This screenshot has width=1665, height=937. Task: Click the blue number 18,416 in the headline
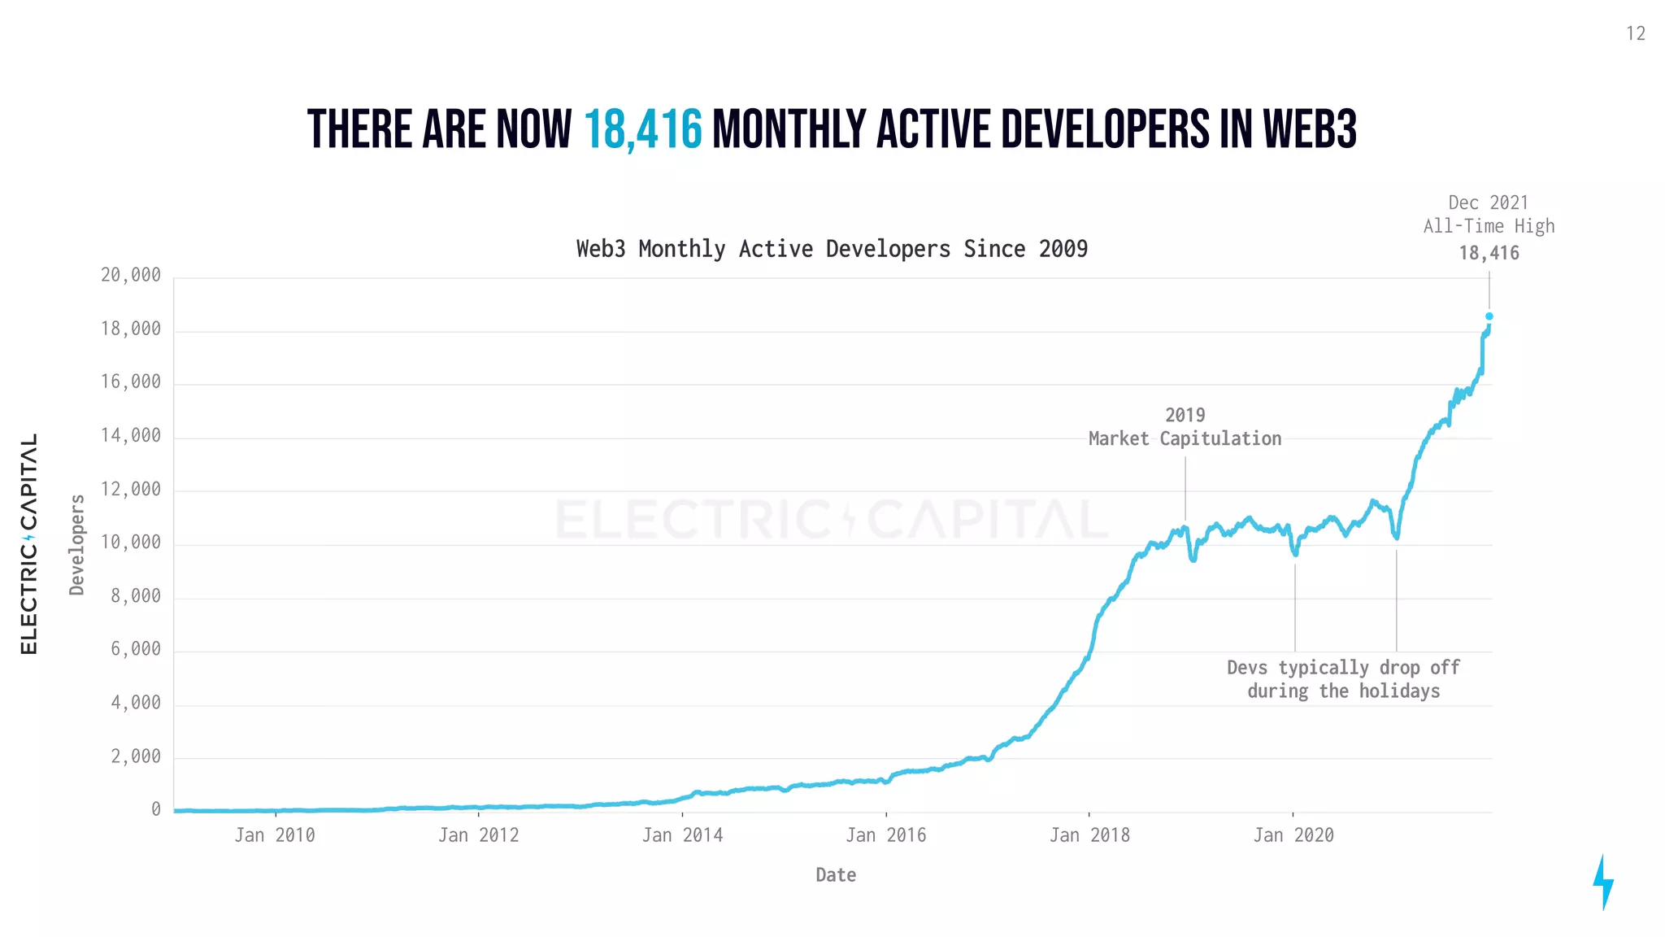[x=642, y=130]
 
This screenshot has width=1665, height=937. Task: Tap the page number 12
[x=1636, y=34]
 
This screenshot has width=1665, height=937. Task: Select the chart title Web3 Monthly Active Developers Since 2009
[x=832, y=249]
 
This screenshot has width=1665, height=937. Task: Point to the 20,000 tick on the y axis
[x=131, y=276]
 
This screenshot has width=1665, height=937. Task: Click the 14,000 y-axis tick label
[x=131, y=436]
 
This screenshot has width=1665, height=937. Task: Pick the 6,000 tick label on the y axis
[x=136, y=649]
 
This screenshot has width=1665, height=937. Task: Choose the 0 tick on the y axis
[x=156, y=809]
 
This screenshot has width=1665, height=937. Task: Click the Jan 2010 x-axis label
[x=275, y=835]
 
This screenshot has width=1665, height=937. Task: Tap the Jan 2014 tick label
[x=682, y=835]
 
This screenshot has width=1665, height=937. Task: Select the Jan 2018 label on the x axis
[x=1089, y=835]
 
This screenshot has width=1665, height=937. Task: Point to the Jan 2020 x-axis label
[x=1293, y=835]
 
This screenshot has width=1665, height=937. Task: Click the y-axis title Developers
[x=77, y=544]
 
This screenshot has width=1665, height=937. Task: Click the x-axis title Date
[x=836, y=875]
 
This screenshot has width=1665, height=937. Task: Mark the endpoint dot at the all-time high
[x=1489, y=316]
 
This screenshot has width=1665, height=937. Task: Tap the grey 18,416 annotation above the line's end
[x=1489, y=253]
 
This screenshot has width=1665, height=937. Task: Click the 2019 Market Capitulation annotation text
[x=1185, y=428]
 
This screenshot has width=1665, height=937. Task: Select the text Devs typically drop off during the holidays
[x=1343, y=679]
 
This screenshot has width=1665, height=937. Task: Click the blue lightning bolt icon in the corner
[x=1602, y=882]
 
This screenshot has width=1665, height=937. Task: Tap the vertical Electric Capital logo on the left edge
[x=29, y=543]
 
